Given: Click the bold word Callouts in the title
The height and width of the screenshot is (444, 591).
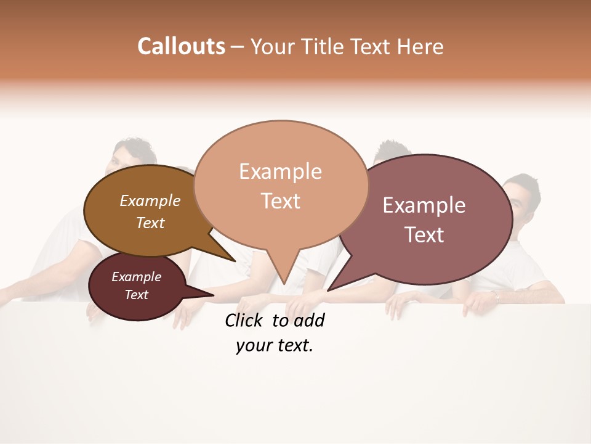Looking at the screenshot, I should [182, 46].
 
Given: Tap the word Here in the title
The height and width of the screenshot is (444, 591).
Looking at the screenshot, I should [420, 47].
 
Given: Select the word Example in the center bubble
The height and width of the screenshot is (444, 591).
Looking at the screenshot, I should [280, 171].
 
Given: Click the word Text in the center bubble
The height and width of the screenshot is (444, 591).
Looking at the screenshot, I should [280, 201].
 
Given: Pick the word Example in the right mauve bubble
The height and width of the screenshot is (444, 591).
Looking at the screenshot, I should [424, 205].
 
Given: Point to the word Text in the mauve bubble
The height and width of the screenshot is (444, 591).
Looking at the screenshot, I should [424, 235].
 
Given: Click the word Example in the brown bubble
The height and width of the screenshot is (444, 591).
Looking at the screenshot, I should [150, 200].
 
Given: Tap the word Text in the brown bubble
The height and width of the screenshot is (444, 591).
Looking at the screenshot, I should [150, 223].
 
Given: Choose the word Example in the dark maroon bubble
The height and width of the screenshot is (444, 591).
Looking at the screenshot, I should [137, 277].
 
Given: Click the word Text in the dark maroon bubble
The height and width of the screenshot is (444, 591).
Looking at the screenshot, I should [137, 295].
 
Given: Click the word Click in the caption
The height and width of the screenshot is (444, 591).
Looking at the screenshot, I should [246, 320].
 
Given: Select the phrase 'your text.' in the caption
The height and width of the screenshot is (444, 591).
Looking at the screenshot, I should [275, 346].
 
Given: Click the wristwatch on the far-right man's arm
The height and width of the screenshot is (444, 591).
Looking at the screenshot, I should [497, 296].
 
